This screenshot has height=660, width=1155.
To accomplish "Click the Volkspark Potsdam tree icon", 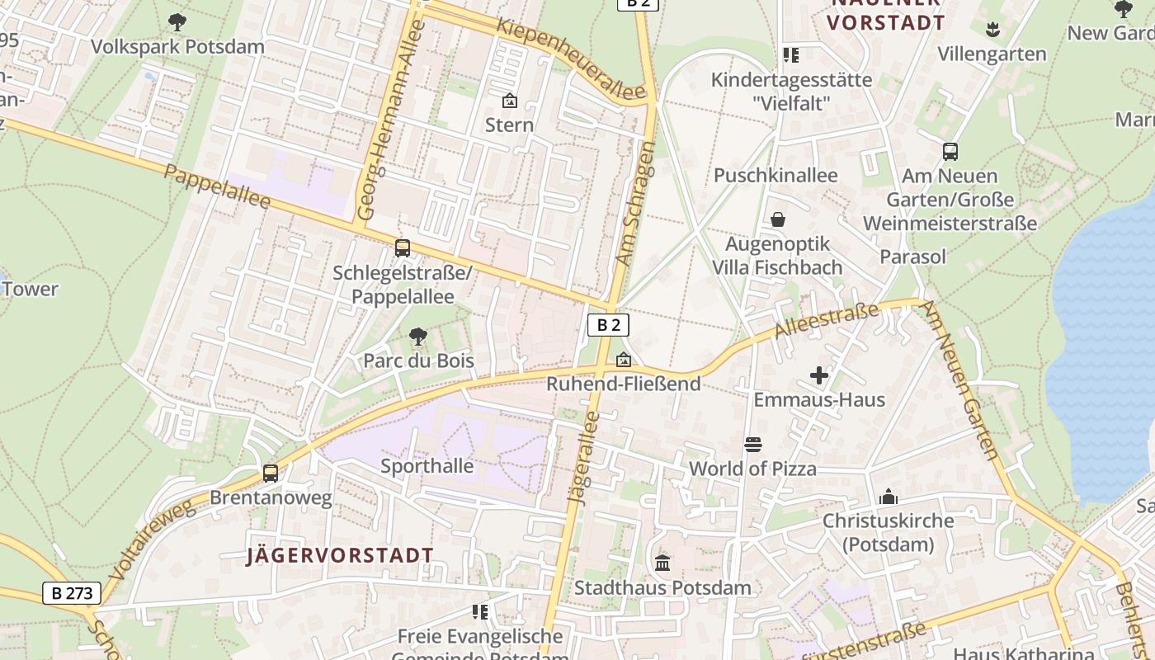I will coord(177,22).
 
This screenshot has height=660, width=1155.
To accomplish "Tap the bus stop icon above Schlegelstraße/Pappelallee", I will coord(403,247).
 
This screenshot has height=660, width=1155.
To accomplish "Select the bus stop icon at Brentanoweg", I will coord(271,474).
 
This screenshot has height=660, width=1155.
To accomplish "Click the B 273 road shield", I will coord(71,592).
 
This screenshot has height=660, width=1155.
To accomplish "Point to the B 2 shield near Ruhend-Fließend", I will coord(608,325).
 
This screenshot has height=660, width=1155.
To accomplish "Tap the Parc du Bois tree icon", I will coord(418,337).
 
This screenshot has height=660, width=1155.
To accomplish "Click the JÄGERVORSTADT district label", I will coord(340,555).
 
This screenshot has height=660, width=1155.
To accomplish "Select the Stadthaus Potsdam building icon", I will coord(662,563).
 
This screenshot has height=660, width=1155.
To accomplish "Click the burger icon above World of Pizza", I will coord(752,445).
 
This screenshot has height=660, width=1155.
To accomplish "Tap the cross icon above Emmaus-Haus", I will coord(818,376).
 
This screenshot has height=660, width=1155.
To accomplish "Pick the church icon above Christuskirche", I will coord(888,497).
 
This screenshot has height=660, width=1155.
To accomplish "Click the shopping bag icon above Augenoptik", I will coord(777,219).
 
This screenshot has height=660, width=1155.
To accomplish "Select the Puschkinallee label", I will coord(775,176).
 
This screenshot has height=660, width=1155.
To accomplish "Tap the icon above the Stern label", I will coord(510,101).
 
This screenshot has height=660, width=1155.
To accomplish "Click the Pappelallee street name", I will coord(217,187).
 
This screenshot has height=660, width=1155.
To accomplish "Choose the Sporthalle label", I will coord(427,466).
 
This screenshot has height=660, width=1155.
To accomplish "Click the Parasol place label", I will coord(912,257).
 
